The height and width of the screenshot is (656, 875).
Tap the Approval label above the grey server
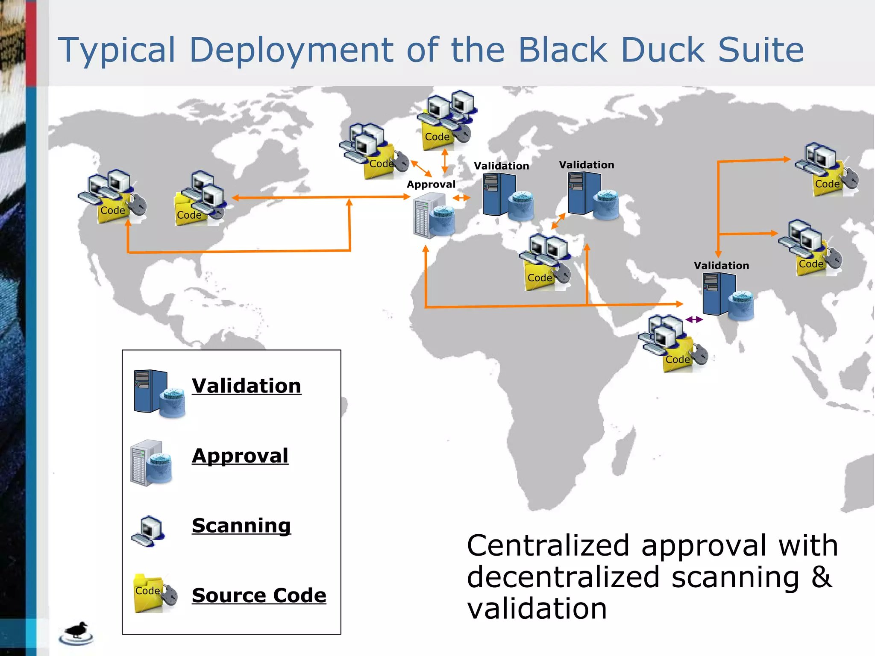(431, 184)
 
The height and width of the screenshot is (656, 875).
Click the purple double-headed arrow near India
(694, 319)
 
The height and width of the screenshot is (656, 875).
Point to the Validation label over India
(721, 266)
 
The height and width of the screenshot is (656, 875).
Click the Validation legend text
(246, 386)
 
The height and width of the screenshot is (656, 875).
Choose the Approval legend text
(240, 456)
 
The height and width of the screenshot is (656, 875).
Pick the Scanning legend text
(241, 525)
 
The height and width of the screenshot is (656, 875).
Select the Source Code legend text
(259, 595)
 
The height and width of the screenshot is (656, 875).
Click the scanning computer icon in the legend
(148, 531)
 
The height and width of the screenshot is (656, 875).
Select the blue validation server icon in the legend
(158, 393)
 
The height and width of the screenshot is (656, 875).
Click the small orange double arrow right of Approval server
(461, 198)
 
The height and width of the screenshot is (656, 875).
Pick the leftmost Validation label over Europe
(501, 166)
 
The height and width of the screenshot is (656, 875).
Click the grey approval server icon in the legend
(150, 463)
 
